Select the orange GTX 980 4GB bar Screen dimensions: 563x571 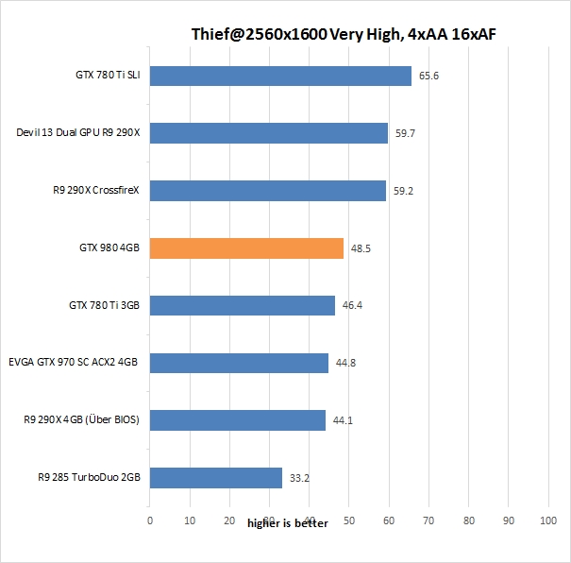tap(246, 248)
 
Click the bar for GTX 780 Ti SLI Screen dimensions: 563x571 tap(280, 76)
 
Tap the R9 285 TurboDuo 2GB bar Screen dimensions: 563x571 tap(216, 478)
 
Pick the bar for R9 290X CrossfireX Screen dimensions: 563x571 tap(268, 191)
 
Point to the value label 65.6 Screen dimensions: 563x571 tap(429, 76)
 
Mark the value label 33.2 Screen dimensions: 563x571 tap(300, 478)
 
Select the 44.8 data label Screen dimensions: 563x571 tap(346, 364)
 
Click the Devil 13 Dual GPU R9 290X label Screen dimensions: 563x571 tap(78, 133)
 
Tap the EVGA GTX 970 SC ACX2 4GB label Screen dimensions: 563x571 tap(74, 364)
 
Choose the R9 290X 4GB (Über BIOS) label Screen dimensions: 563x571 tap(82, 420)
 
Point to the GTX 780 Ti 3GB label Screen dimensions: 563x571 tap(104, 306)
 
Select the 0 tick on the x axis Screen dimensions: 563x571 tap(149, 520)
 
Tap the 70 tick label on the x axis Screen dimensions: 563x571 tap(429, 520)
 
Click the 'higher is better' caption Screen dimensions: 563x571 tap(288, 523)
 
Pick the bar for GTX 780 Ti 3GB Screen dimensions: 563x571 tap(243, 306)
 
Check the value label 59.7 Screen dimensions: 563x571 tap(406, 133)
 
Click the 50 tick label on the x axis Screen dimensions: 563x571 tap(349, 520)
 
